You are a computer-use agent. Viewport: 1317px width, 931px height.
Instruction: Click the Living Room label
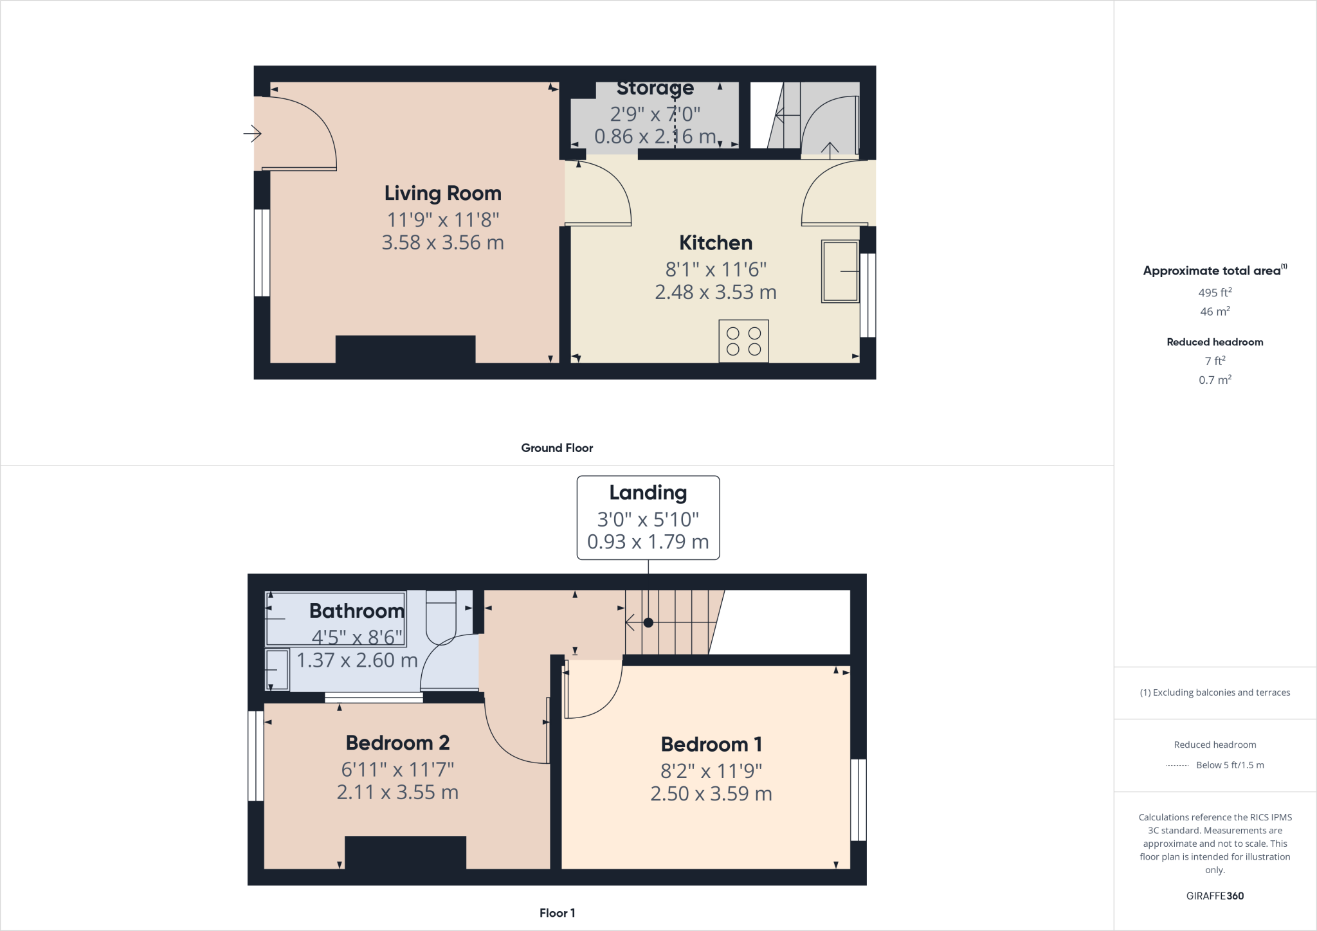pos(442,193)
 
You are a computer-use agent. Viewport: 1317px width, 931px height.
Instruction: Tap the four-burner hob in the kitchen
pos(743,341)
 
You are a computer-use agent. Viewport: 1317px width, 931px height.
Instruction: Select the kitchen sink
pos(840,271)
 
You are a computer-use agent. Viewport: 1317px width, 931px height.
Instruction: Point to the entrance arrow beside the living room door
pos(252,134)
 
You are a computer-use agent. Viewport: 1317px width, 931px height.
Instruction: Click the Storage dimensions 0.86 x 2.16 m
pos(655,136)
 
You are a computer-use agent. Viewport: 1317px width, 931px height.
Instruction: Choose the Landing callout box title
pos(648,493)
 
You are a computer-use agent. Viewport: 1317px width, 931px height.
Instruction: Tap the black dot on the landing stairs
pos(648,622)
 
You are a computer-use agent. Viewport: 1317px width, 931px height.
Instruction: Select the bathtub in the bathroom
pos(335,618)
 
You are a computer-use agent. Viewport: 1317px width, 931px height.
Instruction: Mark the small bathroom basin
pos(277,670)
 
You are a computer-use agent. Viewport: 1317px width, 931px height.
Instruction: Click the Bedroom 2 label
pos(397,743)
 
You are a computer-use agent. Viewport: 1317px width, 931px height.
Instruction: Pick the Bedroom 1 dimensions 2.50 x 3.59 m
pos(711,794)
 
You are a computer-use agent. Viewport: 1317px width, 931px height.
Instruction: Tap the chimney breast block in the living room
pos(405,349)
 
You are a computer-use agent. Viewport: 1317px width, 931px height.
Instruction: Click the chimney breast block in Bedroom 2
pos(405,852)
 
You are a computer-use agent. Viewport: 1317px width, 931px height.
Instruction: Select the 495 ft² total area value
pos(1215,293)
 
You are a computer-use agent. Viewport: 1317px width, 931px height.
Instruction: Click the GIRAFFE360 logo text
pos(1215,896)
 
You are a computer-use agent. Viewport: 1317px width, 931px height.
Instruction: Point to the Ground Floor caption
pos(557,448)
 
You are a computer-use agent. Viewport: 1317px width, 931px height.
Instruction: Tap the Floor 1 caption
pos(557,913)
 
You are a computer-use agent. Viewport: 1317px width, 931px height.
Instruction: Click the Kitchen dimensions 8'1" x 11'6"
pos(715,269)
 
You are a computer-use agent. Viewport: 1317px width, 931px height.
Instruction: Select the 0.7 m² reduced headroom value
pos(1215,380)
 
